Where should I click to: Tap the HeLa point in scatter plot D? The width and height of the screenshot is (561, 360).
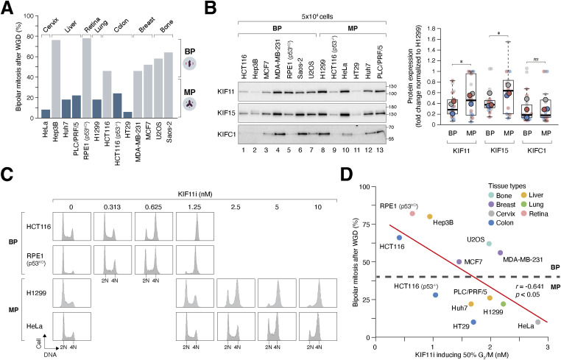point(538,322)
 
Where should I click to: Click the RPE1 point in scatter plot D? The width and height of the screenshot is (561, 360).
point(412,213)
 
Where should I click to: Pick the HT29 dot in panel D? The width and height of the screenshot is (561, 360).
point(473,322)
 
